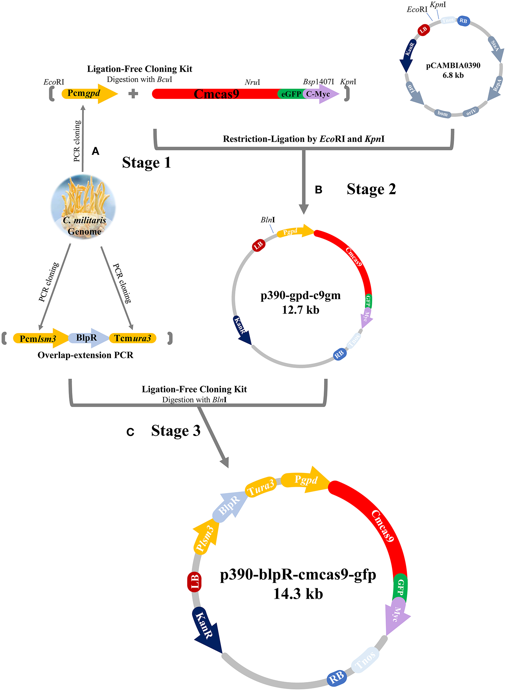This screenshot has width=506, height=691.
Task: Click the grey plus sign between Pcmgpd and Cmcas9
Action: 133,94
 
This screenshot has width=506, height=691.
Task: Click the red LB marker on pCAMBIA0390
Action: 423,30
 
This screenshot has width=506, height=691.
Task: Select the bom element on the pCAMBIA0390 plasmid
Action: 442,114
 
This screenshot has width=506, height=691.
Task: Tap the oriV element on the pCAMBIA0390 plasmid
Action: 470,112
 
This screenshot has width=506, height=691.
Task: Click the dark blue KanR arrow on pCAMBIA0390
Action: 408,54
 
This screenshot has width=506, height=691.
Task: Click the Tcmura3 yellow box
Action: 133,338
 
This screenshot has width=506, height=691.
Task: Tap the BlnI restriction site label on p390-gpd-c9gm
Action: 267,220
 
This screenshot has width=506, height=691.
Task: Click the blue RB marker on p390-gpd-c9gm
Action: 340,354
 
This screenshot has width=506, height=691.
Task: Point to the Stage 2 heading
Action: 371,189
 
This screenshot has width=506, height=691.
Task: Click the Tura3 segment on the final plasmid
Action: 260,487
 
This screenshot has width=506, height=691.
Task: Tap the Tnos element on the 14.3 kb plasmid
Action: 365,661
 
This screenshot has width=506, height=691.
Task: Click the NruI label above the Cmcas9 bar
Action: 252,82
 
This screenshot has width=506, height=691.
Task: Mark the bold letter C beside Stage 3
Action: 130,432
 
